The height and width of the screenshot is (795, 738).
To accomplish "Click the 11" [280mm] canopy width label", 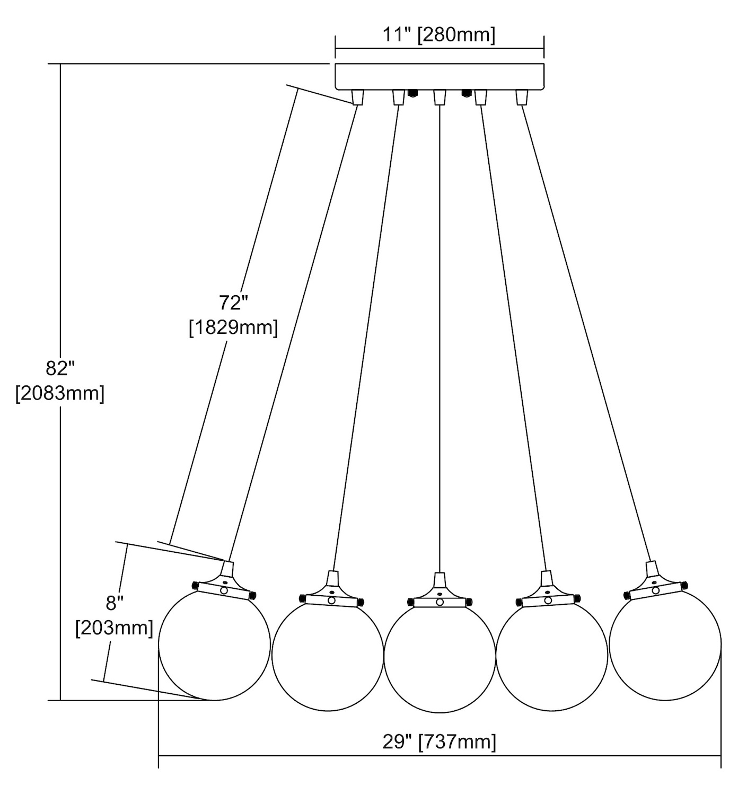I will (439, 35).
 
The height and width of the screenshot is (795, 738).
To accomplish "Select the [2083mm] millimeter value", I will (60, 393).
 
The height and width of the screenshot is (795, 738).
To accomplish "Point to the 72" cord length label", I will (233, 303).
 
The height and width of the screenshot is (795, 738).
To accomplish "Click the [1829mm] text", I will (233, 327).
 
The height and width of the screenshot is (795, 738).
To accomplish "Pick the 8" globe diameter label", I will (115, 603).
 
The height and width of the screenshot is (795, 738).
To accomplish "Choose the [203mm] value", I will (115, 628).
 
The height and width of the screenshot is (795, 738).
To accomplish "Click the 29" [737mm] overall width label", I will (439, 741).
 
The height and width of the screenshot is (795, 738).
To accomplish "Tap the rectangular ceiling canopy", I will (440, 76).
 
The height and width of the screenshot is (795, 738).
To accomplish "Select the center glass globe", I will (440, 657).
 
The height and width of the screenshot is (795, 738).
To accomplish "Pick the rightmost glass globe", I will (665, 644).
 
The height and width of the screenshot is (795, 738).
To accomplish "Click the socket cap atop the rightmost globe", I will (655, 582).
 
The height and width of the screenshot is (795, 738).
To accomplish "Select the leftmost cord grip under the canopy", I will (358, 97).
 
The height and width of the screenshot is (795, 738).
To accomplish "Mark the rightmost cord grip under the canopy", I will (522, 97).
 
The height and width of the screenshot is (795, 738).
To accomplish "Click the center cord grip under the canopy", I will (440, 97).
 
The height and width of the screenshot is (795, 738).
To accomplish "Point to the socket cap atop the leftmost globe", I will (225, 582).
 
